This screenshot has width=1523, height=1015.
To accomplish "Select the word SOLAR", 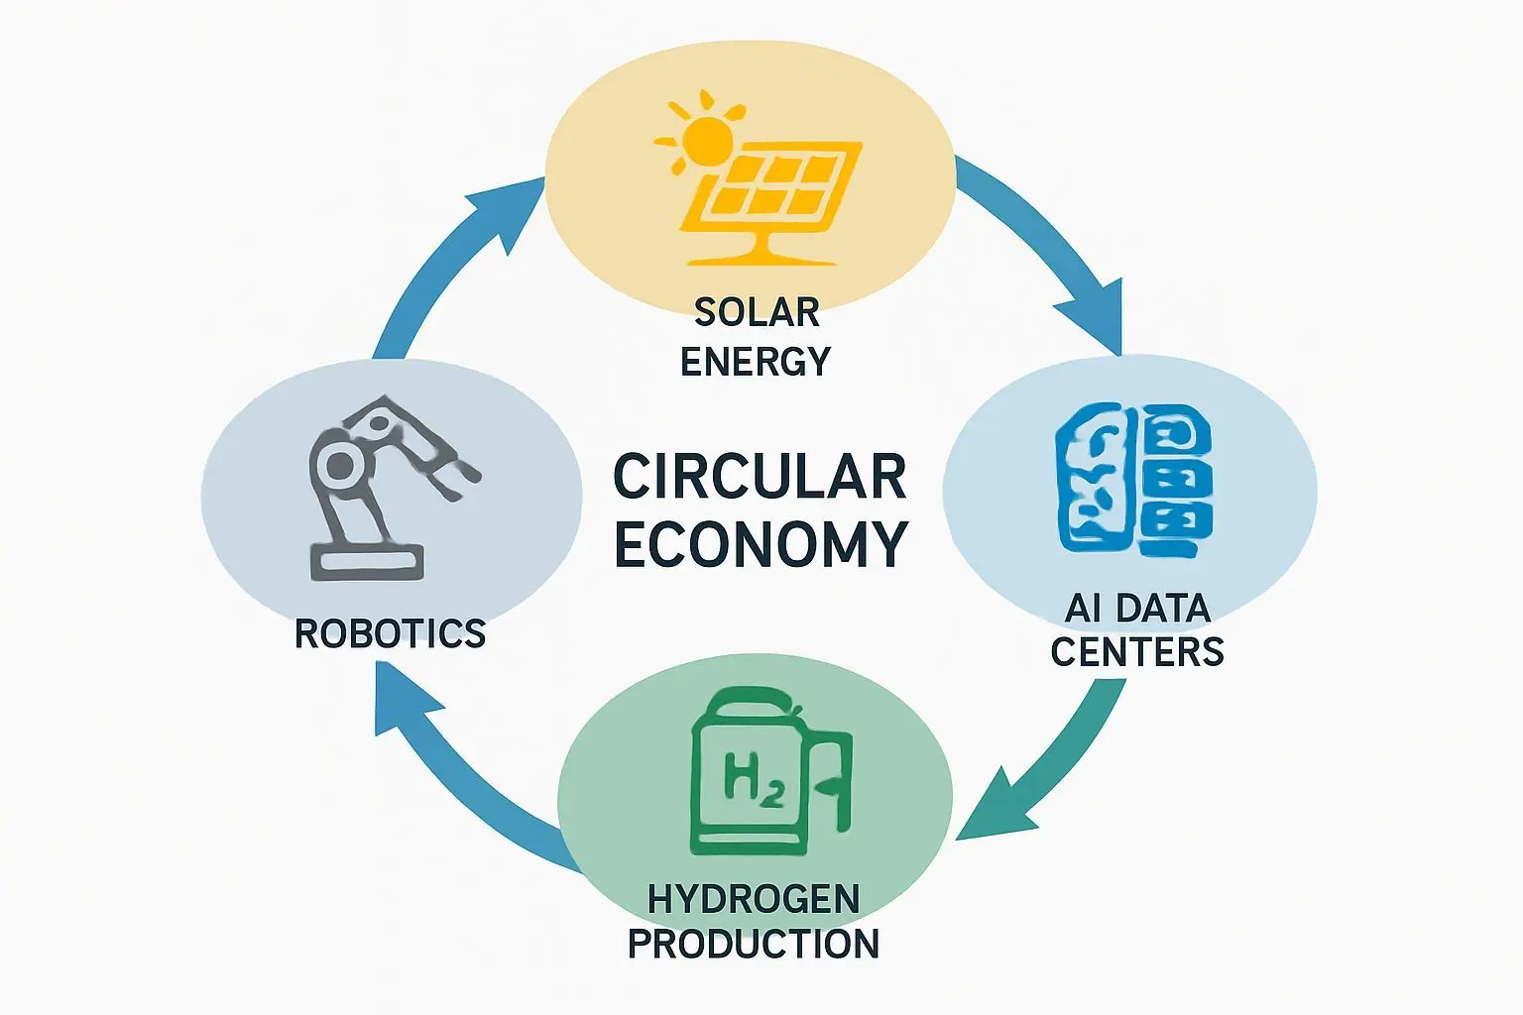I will [x=757, y=312].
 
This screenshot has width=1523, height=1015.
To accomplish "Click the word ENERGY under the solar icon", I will [x=756, y=362].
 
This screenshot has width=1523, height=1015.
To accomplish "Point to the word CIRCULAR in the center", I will [x=760, y=477].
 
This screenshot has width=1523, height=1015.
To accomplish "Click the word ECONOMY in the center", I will [x=761, y=543].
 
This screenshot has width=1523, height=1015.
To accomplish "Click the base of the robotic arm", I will [x=367, y=562].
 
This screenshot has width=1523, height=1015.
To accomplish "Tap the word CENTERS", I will [x=1137, y=652].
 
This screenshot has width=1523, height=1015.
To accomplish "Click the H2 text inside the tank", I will [x=754, y=778].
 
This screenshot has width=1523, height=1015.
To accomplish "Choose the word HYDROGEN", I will [x=754, y=899].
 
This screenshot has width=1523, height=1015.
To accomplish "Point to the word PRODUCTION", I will [x=754, y=944].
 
